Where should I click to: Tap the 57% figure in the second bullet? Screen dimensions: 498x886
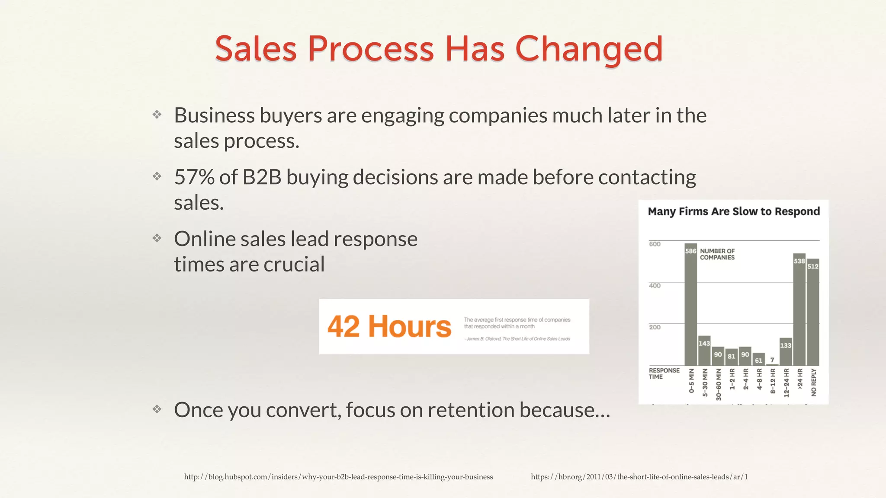pos(194,177)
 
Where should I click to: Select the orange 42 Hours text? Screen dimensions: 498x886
pos(389,326)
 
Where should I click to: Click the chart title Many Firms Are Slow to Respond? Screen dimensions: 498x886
pos(734,211)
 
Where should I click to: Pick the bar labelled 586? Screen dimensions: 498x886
pos(690,305)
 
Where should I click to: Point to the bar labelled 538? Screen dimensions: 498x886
pos(799,309)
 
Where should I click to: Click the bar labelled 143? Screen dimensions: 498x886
pos(704,351)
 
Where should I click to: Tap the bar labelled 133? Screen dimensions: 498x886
pos(786,351)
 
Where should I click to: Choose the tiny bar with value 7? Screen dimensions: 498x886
pos(772,364)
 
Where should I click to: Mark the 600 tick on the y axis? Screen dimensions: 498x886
pos(655,244)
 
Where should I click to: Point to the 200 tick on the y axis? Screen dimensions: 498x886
pos(655,327)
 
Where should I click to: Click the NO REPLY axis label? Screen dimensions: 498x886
pos(814,382)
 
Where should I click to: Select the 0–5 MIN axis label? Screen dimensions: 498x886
pos(691,381)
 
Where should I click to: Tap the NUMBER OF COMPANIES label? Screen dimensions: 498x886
pos(717,254)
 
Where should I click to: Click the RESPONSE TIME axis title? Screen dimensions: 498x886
pos(664,373)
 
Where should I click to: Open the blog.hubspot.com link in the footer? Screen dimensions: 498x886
pos(338,477)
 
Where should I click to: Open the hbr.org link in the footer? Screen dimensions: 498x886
pos(639,477)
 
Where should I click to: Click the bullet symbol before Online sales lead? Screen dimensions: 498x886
pos(157,238)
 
